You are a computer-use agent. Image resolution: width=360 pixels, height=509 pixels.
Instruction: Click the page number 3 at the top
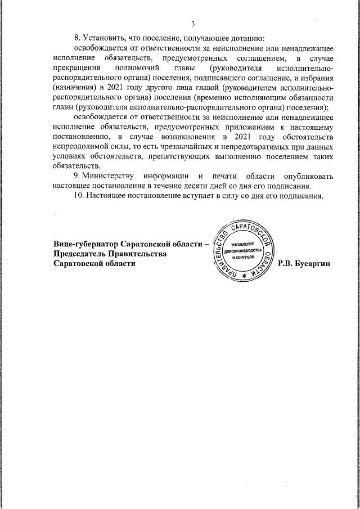coord(193,24)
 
